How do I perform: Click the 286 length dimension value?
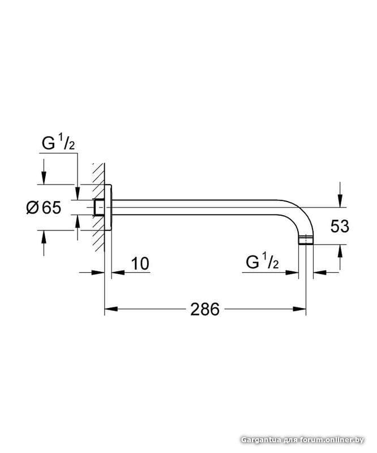[x=205, y=309]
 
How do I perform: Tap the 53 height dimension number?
[x=340, y=226]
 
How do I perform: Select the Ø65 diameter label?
[x=44, y=208]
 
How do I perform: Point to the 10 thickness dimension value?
[x=140, y=263]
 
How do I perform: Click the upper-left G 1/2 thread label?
[x=58, y=143]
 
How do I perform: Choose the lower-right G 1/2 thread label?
[x=262, y=262]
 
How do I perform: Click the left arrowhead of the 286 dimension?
[x=111, y=309]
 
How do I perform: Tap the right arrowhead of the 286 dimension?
[x=299, y=309]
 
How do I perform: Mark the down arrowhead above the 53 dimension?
[x=340, y=201]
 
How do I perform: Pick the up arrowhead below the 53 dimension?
[x=340, y=251]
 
